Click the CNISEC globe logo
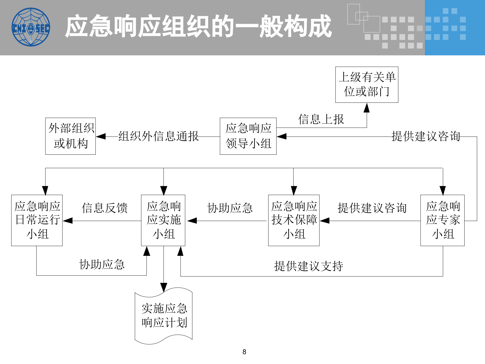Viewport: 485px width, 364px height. click(x=31, y=27)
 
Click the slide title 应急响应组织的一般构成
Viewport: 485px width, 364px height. click(x=198, y=26)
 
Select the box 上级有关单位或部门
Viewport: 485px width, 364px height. click(x=367, y=85)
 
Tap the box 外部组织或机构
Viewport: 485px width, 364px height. click(x=70, y=136)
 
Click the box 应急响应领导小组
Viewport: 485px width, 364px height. click(x=248, y=136)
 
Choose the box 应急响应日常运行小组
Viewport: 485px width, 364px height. click(x=37, y=220)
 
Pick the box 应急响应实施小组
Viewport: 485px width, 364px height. click(x=163, y=220)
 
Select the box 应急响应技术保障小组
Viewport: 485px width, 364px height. click(x=294, y=220)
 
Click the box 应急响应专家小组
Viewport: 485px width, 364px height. click(x=442, y=220)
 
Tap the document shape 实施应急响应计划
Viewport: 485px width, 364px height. click(x=164, y=316)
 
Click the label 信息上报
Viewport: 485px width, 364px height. click(x=321, y=119)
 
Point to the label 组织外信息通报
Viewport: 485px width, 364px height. click(x=158, y=136)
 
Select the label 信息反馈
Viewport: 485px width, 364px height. click(x=105, y=208)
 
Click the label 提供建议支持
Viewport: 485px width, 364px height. click(x=308, y=266)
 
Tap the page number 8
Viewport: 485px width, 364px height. click(x=244, y=352)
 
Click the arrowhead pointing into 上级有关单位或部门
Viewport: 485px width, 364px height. click(x=367, y=108)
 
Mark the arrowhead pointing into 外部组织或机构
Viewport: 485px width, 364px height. click(x=101, y=136)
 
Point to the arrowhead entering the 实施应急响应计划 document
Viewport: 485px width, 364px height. click(x=164, y=287)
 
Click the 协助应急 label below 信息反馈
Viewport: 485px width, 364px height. click(x=102, y=264)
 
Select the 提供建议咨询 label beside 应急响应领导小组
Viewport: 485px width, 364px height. click(x=426, y=136)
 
